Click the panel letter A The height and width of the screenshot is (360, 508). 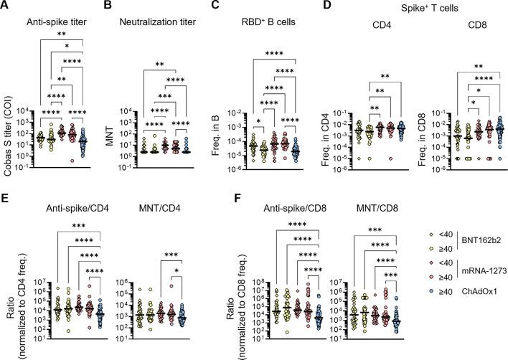coord(6,7)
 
